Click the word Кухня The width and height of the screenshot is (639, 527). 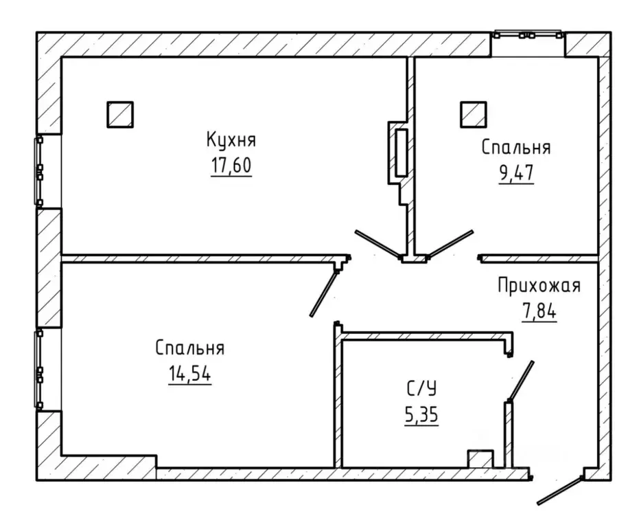231,140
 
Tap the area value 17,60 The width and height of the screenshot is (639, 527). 231,165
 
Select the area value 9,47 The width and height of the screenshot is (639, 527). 516,173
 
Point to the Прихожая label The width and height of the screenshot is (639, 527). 539,286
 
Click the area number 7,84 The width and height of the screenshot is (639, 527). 539,311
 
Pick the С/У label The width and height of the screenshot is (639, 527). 421,388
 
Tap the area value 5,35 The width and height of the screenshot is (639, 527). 421,415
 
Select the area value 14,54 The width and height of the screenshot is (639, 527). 189,374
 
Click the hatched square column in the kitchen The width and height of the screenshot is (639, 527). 120,115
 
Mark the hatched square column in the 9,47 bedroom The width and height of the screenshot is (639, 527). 474,115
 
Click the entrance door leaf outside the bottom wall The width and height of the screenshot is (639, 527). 559,491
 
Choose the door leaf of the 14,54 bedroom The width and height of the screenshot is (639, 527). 323,293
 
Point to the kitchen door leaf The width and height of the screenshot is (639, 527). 377,244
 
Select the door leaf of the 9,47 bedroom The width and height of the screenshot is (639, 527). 450,244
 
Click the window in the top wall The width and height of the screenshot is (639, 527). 528,35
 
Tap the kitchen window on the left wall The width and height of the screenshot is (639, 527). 38,171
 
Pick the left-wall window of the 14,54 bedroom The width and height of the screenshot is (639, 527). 38,369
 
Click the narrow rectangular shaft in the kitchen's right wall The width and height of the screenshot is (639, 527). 402,153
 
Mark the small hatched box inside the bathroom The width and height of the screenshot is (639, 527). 480,459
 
